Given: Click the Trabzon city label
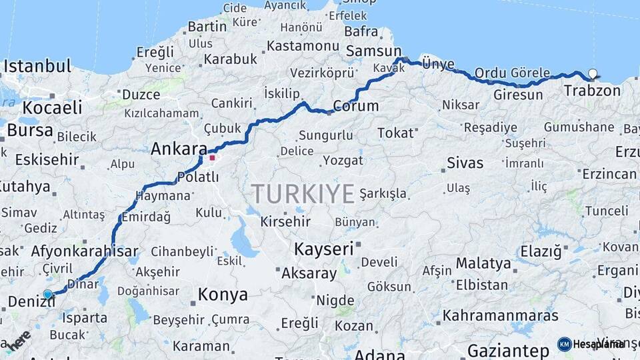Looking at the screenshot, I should (x=592, y=91).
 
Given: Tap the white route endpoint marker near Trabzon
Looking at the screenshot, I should (x=593, y=74).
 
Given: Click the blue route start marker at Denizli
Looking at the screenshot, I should (x=47, y=294).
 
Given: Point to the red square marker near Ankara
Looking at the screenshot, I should (x=213, y=158).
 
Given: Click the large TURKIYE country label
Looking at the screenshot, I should (x=303, y=194).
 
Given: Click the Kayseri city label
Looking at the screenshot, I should (x=323, y=249).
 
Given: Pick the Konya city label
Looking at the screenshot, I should (x=223, y=294).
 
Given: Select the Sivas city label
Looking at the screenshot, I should (x=465, y=163).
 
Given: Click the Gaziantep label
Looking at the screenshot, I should (x=508, y=350).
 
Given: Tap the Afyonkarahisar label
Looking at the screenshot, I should (x=85, y=252).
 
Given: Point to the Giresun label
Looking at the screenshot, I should (x=518, y=95).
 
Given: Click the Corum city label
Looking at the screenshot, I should (x=355, y=106).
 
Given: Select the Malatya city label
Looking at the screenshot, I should (x=483, y=263).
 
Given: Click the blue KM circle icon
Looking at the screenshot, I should (x=564, y=344).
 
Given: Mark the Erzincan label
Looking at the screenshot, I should (x=609, y=174).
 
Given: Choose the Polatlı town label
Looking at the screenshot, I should (x=198, y=177).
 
